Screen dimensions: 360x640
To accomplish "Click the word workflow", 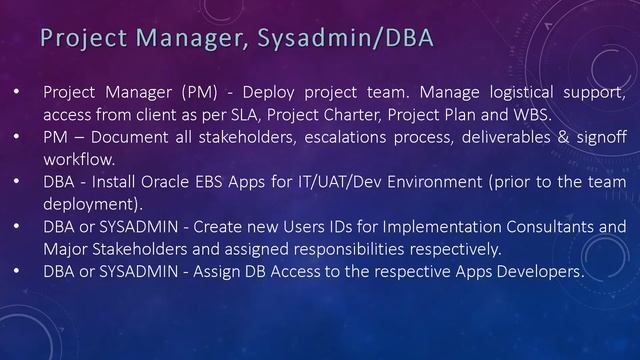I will (79, 159).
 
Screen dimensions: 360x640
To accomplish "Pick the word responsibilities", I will (367, 248).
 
